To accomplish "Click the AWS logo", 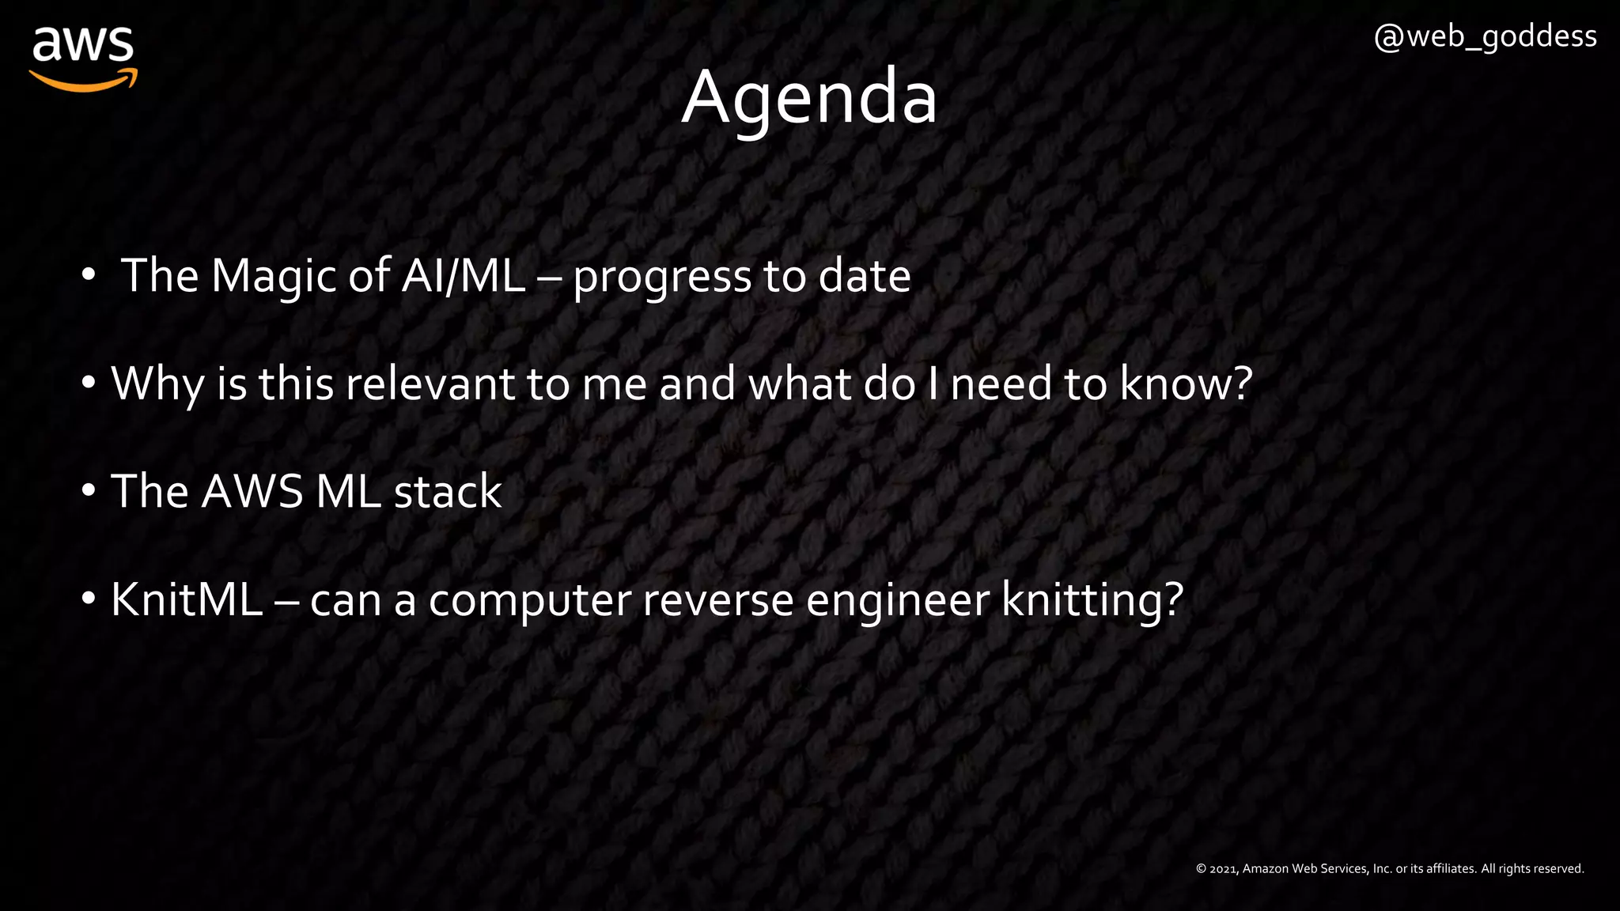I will click(83, 57).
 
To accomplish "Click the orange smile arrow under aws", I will click(83, 80).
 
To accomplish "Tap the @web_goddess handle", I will click(1485, 37).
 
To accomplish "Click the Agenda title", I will click(809, 97).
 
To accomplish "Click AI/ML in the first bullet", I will click(463, 276).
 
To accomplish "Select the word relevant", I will click(429, 384).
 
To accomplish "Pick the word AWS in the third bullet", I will click(252, 491).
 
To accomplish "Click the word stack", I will click(447, 491).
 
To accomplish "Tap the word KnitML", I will click(187, 599).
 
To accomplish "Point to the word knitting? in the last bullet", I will click(1092, 600).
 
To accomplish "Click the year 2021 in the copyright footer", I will click(1223, 869).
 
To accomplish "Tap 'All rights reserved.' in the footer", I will click(1532, 869).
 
